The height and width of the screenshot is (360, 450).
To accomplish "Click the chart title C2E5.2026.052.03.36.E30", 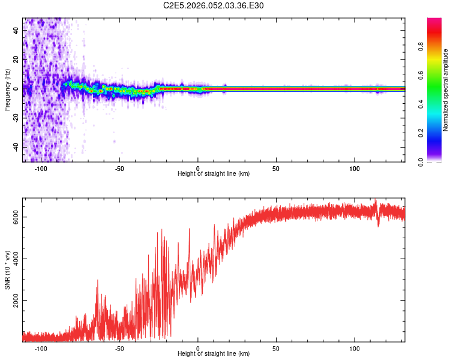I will click(x=214, y=5).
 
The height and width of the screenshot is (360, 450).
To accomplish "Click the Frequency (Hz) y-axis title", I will click(x=7, y=90).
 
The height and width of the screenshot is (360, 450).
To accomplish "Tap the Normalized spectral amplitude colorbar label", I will click(x=446, y=90).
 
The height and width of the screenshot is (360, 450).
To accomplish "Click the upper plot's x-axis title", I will click(x=214, y=174).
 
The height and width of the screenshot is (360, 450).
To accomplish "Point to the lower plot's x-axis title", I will click(x=214, y=354).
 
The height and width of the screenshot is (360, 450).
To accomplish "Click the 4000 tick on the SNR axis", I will click(x=16, y=259).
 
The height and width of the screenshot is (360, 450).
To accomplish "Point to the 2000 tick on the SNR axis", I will click(x=16, y=301).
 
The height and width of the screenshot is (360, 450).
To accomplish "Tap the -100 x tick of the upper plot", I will click(x=41, y=168).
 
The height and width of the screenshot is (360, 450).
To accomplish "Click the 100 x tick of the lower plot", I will click(x=355, y=348).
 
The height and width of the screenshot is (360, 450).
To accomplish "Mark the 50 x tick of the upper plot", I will click(x=276, y=168).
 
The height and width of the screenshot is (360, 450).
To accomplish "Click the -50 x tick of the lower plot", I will click(x=119, y=348).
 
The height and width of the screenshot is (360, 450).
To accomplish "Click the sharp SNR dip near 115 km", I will click(x=379, y=225).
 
